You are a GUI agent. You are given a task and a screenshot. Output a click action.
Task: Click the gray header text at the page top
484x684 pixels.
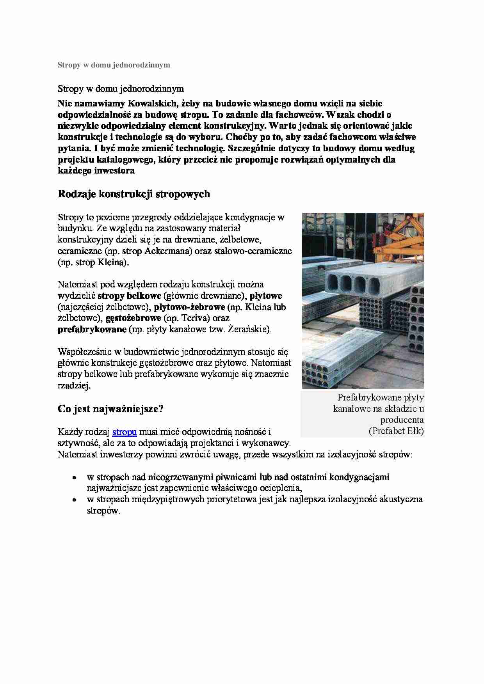click(x=114, y=65)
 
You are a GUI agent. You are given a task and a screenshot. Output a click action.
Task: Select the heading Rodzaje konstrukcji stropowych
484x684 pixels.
click(x=133, y=194)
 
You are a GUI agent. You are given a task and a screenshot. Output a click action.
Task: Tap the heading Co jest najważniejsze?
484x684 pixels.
click(x=110, y=409)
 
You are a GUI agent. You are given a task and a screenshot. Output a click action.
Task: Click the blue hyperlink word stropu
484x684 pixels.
click(x=124, y=432)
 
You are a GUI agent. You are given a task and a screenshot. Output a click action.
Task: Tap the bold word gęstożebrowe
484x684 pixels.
click(x=133, y=318)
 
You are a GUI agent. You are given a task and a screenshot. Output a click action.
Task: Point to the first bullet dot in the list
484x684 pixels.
click(x=73, y=478)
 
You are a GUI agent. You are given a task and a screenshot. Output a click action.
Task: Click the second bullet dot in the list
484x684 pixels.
click(x=73, y=500)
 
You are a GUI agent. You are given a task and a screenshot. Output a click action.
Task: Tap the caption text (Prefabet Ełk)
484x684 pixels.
click(x=396, y=431)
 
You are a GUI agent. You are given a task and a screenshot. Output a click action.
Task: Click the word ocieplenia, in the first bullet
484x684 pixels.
click(x=279, y=488)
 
